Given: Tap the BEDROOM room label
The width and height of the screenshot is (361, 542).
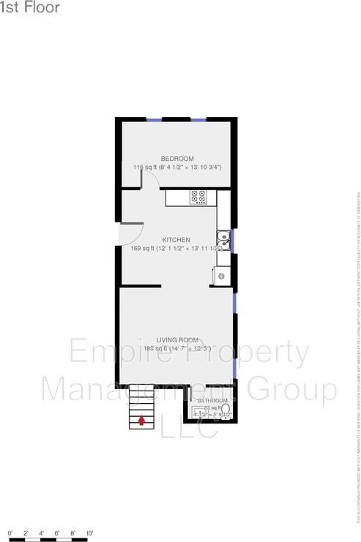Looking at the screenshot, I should [177, 159].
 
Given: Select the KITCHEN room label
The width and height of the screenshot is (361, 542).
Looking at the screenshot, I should [176, 240].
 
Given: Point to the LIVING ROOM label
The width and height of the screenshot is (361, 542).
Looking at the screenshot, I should [177, 339].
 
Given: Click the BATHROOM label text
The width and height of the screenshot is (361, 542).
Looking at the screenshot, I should [212, 402].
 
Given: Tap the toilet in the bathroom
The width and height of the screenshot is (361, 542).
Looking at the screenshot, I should [226, 418].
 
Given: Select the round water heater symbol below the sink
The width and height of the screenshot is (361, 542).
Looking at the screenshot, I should [221, 276].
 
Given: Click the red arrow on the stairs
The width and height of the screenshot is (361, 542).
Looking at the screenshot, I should [141, 421].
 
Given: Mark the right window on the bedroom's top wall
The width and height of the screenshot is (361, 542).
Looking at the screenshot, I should [198, 119].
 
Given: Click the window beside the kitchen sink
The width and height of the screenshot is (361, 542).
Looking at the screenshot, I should [233, 238].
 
